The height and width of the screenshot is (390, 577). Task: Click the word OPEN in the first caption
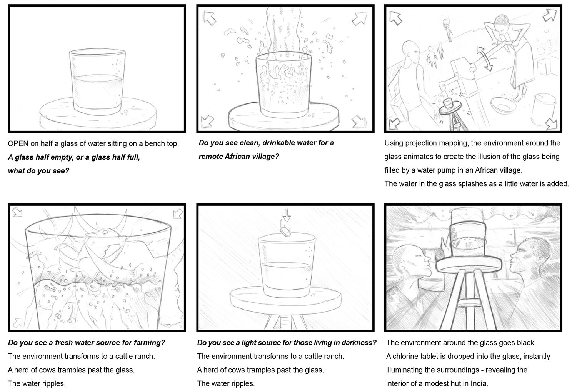pos(18,144)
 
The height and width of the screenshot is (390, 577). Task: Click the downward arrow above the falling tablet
pos(287,215)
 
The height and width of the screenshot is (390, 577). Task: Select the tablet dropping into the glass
pos(286,232)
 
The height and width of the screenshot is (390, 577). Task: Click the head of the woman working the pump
pos(502,23)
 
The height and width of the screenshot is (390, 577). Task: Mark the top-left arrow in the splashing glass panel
pos(210,18)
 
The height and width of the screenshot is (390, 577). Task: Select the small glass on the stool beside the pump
pos(448,103)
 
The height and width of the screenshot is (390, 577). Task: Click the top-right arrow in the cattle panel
pos(178,213)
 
